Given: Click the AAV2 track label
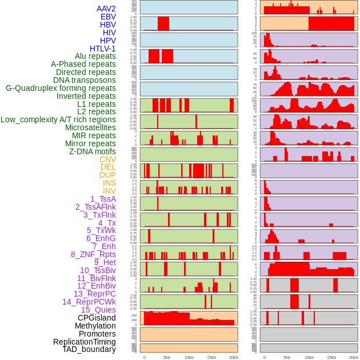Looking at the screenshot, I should (x=106, y=9).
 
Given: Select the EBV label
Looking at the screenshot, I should (x=107, y=17).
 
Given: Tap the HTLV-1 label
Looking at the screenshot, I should (x=102, y=49).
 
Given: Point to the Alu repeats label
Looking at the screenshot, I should (x=95, y=56).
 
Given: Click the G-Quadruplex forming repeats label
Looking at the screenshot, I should (x=61, y=88).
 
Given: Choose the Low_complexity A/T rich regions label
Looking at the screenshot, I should (x=58, y=119).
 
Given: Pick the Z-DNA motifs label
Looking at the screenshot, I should (x=92, y=151).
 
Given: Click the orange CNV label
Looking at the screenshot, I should (x=107, y=159).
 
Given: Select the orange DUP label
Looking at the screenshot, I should (x=107, y=175).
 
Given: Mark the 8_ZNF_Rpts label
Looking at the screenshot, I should (x=93, y=254).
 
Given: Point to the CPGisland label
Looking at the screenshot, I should (x=97, y=318).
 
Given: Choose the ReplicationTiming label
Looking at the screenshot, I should (x=84, y=342).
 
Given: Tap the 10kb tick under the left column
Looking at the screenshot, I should (x=189, y=357).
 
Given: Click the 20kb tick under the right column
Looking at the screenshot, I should (x=354, y=357).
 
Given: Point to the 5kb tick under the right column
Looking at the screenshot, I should (x=287, y=357).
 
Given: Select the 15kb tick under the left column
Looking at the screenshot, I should (x=211, y=357).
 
